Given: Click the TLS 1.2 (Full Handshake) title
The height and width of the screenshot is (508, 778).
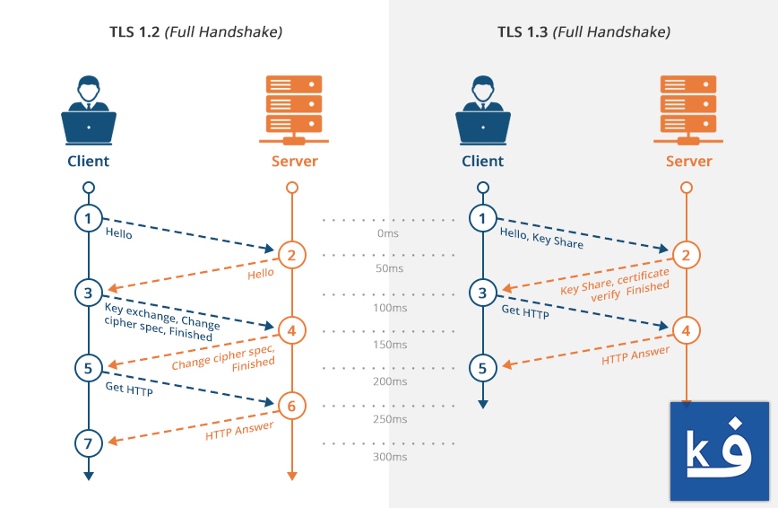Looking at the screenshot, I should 195,32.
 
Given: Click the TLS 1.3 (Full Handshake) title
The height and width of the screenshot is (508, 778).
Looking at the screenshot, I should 583,32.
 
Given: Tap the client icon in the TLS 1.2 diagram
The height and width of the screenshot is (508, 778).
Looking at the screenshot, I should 88,111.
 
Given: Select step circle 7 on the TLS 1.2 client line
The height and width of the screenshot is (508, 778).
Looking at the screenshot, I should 88,442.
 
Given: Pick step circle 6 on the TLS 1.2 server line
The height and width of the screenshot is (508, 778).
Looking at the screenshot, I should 291,406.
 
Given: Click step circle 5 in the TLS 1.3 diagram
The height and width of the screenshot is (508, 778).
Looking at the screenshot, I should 483,367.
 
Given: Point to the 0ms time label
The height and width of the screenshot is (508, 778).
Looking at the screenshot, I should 388,233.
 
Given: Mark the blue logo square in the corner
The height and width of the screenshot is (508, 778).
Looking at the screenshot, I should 720,451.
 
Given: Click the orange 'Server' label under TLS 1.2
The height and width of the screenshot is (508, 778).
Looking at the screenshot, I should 294,162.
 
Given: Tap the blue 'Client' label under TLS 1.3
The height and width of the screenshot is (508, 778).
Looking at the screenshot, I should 483,162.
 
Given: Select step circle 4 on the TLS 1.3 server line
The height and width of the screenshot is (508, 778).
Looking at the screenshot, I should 686,330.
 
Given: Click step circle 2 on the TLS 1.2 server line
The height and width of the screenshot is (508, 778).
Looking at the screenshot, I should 291,256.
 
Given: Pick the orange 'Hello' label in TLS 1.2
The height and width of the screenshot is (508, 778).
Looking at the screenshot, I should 261,274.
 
